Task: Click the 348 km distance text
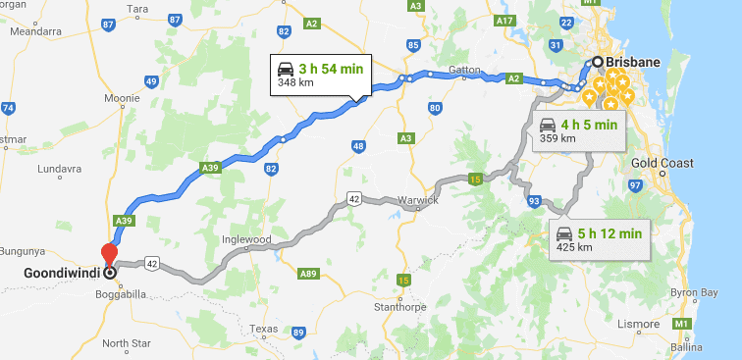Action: pos(293,83)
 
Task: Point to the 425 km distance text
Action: pos(573,247)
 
